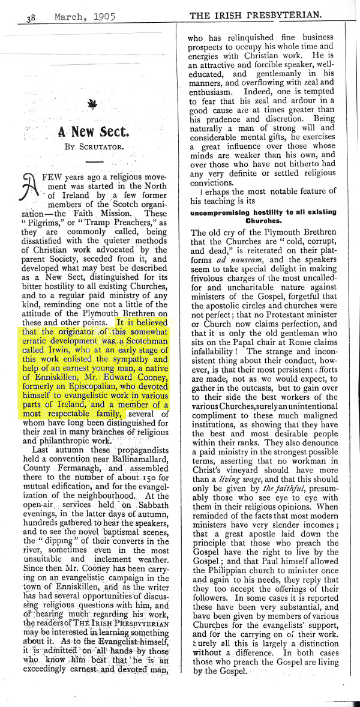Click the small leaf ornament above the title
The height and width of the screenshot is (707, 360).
[92, 106]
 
